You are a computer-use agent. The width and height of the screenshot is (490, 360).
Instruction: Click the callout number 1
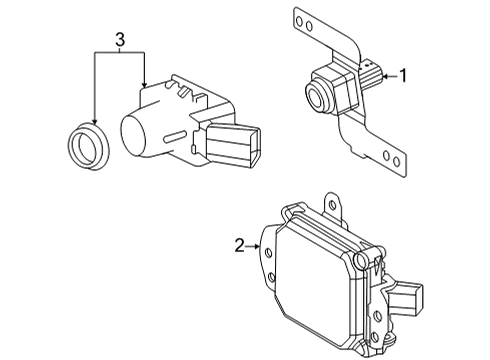tap(404, 74)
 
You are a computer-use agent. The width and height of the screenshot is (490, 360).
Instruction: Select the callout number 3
tap(119, 40)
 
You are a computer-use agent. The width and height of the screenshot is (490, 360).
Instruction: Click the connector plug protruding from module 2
tap(410, 297)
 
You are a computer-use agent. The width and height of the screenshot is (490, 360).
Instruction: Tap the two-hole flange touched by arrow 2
tap(268, 258)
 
